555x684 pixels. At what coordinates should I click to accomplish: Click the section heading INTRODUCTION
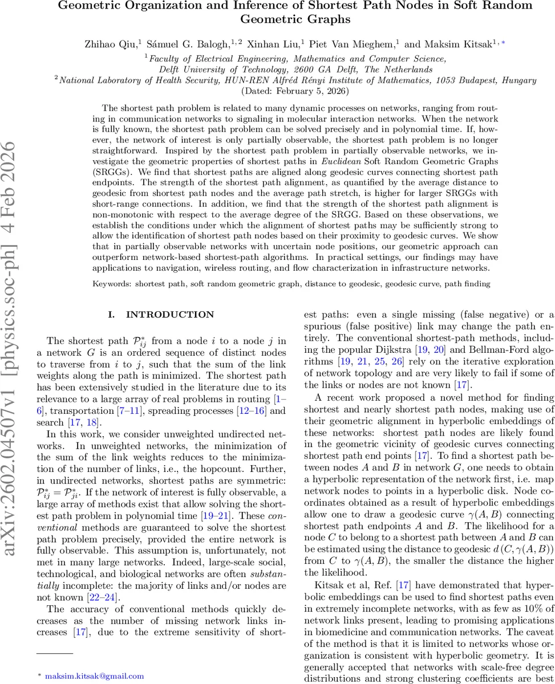pyautogui.click(x=161, y=315)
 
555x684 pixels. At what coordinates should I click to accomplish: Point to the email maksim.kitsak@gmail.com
pyautogui.click(x=94, y=676)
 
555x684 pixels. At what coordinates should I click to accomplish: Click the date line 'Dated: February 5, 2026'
pyautogui.click(x=277, y=91)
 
